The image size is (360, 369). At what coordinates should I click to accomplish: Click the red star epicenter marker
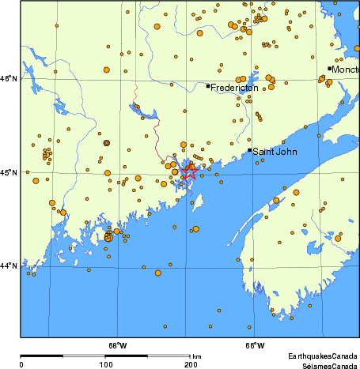point(190,171)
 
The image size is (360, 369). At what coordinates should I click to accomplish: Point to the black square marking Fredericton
point(208,86)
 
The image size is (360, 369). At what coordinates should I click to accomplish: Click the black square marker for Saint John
point(250,149)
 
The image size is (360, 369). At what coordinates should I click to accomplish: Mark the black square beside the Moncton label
point(329,69)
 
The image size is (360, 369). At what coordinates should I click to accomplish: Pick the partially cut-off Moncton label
point(345,70)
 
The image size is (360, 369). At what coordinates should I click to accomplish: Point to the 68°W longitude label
point(117,345)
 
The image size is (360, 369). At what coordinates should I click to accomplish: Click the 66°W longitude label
point(254,345)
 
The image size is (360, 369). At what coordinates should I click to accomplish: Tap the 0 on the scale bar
point(21,364)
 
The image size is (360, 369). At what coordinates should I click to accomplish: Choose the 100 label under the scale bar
point(105,364)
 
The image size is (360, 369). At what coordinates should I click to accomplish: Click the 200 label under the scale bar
point(190,364)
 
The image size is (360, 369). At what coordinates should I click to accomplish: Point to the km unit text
point(196,356)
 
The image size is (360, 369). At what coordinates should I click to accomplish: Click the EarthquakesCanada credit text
point(322,356)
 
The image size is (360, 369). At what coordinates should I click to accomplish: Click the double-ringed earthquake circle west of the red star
point(106,143)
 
